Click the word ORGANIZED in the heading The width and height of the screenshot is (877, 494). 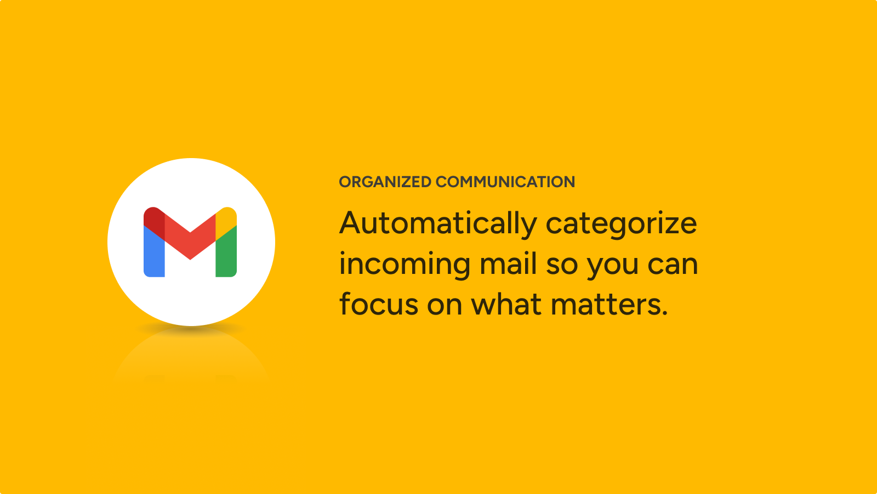[x=385, y=182]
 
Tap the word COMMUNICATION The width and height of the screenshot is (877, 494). [x=505, y=182]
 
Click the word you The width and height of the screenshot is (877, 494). [x=612, y=267]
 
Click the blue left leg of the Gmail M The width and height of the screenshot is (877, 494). [x=154, y=253]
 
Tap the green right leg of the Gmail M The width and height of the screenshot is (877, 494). [x=226, y=253]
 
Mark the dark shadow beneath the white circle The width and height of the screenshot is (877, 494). [x=191, y=329]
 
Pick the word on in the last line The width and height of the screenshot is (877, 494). [x=445, y=305]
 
